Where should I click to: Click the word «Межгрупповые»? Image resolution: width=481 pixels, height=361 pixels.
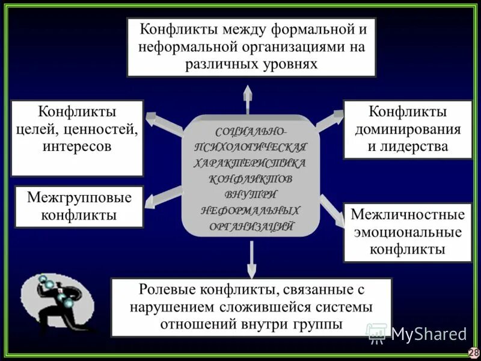79,198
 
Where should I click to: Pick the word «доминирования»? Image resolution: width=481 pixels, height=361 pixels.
408,129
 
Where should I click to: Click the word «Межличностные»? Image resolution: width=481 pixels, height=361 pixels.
408,215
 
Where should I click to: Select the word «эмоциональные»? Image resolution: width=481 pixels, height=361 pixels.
408,232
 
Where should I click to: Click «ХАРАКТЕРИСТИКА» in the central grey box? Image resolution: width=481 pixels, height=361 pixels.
250,162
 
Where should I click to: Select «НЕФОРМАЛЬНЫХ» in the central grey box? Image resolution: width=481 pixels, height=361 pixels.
250,211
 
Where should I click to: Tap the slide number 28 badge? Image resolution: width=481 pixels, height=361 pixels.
474,353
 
